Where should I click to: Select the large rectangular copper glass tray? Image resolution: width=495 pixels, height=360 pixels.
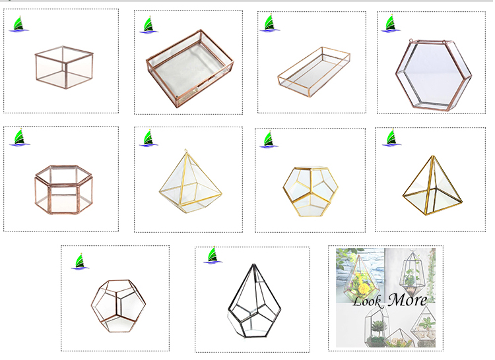(191, 67)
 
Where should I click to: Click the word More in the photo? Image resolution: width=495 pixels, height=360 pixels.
(407, 301)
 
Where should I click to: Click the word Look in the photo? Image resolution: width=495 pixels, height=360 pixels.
(370, 302)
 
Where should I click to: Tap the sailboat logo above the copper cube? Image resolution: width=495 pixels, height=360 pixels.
(19, 24)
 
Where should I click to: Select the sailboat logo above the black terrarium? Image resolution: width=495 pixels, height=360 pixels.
(213, 255)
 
